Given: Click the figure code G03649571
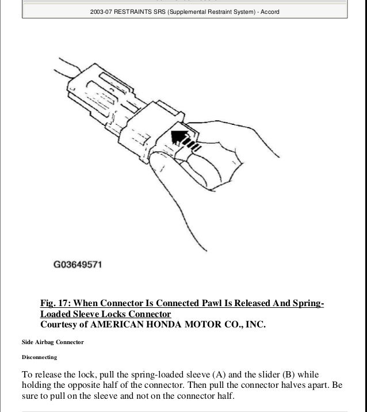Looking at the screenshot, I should click(x=78, y=266).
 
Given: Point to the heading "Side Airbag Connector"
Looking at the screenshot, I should click(x=52, y=342).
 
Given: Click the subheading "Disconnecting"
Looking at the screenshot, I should click(x=39, y=357).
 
